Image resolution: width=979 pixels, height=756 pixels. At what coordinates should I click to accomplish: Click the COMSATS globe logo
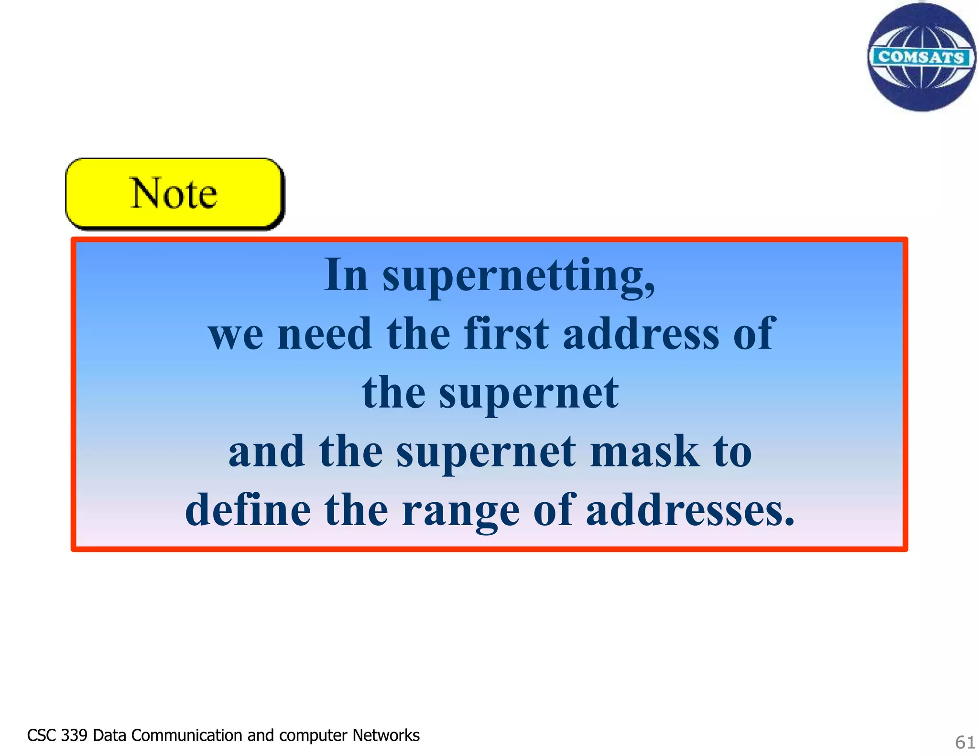[921, 57]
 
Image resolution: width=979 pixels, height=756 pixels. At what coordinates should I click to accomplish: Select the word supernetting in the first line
[519, 276]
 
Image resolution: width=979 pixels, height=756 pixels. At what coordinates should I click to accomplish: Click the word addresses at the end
[690, 510]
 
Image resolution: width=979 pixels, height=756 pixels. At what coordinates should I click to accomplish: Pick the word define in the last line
[248, 510]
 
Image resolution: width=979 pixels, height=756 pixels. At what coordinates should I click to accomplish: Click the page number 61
[965, 742]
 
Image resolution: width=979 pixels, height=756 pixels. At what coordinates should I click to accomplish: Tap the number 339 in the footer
[74, 735]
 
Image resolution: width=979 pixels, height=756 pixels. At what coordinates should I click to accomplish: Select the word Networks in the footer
[386, 735]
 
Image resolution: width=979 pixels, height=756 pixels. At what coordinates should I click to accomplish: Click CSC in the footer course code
[42, 735]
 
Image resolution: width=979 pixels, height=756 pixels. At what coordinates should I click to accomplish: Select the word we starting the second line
[236, 334]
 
